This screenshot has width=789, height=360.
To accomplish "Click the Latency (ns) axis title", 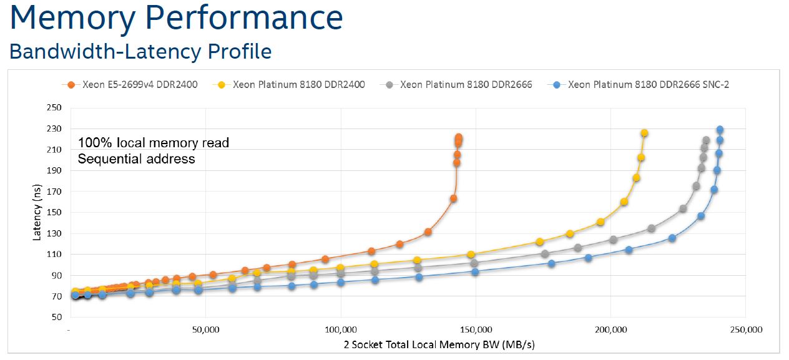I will click(x=37, y=212).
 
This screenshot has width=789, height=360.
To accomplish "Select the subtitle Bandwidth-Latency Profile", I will click(x=140, y=51).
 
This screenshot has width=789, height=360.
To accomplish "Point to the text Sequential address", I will click(x=136, y=159).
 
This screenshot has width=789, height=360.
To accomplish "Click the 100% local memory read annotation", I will click(x=154, y=143).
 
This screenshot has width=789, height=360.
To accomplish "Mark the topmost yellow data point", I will click(x=644, y=133).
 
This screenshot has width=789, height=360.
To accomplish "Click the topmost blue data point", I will click(x=720, y=130).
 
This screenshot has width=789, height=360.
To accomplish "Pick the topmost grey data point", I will click(x=706, y=140).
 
